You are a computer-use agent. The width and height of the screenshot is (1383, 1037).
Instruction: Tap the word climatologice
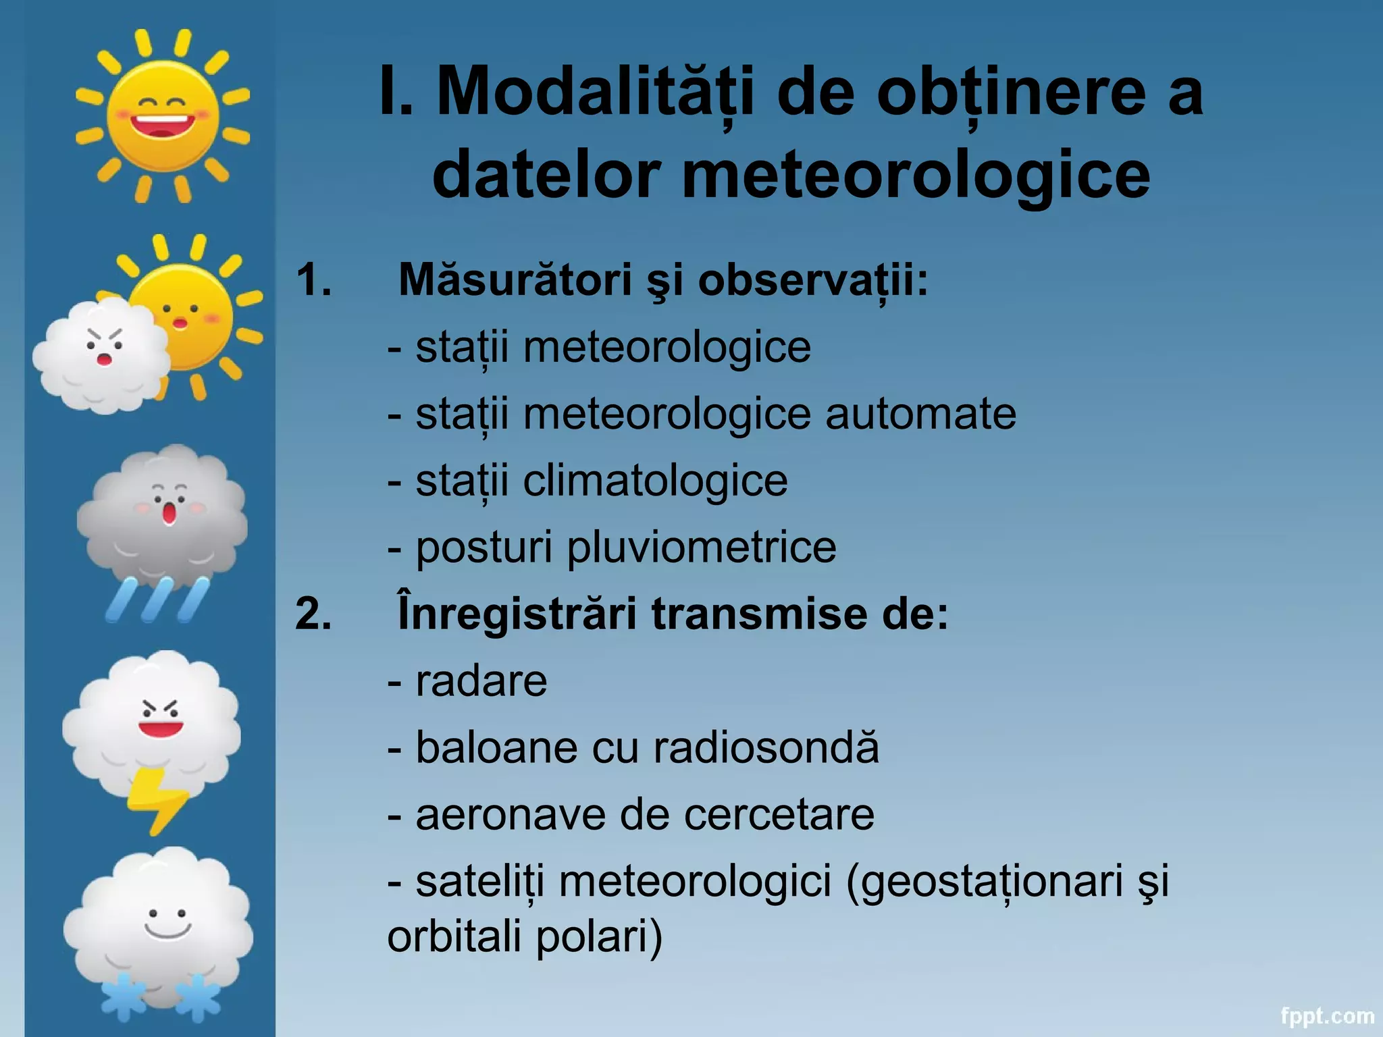click(655, 481)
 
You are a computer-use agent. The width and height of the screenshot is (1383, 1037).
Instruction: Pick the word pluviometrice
click(701, 547)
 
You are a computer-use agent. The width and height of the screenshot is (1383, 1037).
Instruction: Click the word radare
click(481, 681)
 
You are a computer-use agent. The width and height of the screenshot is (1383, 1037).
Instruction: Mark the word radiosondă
click(766, 747)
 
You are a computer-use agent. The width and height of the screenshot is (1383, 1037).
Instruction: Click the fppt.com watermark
click(1328, 1015)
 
